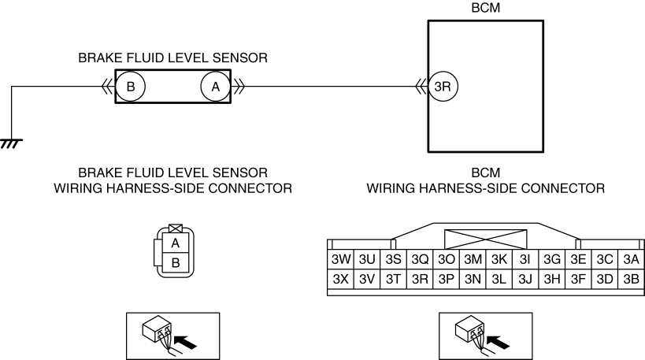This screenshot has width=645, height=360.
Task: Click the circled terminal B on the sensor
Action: [x=131, y=87]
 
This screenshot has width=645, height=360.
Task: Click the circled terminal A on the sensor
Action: [x=216, y=87]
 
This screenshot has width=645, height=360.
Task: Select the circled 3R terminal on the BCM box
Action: [x=443, y=87]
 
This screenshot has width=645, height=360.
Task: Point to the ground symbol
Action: [x=11, y=143]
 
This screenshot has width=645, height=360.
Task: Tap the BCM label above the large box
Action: [x=486, y=8]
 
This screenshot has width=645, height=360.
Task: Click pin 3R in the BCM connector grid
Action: [x=420, y=280]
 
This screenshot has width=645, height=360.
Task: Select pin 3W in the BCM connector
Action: [x=340, y=260]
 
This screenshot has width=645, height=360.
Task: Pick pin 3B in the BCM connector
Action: [x=631, y=280]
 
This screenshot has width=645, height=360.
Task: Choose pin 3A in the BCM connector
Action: [x=631, y=260]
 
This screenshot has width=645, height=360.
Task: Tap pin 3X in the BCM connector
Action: [x=340, y=280]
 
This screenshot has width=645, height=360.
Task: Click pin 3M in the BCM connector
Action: [x=473, y=260]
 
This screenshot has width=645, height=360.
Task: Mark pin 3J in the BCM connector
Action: [x=525, y=280]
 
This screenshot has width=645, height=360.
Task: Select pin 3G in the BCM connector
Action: [x=552, y=260]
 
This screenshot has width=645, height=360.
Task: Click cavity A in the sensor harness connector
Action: [x=176, y=243]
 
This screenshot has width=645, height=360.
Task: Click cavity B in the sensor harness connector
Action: [x=176, y=262]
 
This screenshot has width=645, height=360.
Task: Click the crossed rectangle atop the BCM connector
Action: [x=485, y=239]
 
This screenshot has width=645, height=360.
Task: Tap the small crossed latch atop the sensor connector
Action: [x=176, y=228]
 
